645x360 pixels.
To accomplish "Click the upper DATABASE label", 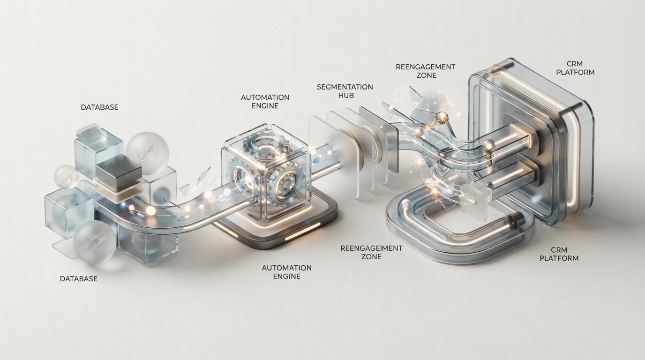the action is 100,107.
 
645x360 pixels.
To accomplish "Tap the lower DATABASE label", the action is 79,279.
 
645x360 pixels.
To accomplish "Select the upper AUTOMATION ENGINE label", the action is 265,102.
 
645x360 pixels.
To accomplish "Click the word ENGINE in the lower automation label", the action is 287,277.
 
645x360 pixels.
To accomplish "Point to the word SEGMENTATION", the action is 345,87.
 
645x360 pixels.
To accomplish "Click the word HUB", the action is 346,96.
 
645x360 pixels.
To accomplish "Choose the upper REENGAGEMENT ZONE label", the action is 426,71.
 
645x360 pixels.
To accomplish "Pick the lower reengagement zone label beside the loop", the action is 371,252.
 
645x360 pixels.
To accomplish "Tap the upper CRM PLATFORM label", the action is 575,68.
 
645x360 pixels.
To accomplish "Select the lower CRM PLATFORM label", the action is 559,254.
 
